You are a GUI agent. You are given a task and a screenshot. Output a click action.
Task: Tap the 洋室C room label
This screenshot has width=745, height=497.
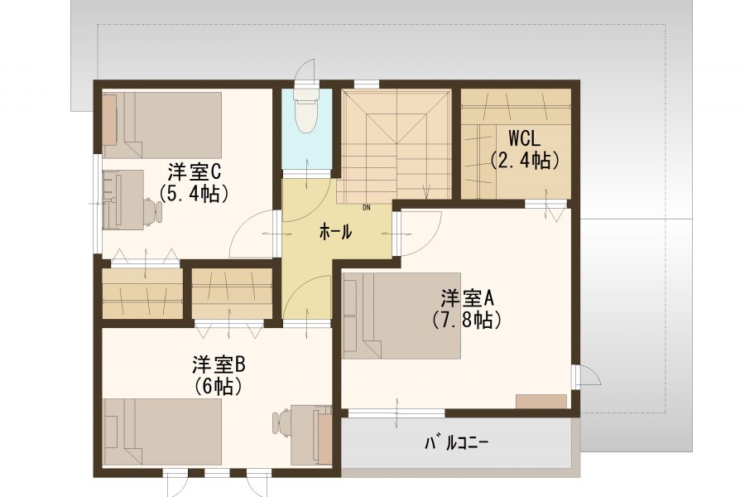tap(193, 172)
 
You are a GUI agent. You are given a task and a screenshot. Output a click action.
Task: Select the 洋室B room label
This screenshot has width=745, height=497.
tap(219, 365)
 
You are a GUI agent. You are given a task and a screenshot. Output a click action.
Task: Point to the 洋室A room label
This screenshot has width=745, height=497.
tap(468, 299)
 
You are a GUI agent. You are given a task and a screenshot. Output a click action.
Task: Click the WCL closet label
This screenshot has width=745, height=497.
tap(524, 138)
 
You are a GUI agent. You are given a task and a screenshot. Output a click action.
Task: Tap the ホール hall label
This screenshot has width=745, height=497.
tap(335, 232)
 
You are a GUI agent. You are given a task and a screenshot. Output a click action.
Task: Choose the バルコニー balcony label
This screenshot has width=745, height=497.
tap(456, 443)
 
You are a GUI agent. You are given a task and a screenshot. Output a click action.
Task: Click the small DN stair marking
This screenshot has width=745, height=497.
tap(367, 207)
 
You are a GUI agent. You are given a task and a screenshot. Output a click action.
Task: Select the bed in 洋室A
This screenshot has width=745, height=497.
tap(401, 316)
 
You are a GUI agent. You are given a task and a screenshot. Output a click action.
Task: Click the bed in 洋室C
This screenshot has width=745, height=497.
tap(162, 125)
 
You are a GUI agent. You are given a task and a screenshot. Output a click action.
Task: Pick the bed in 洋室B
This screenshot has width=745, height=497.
tap(162, 432)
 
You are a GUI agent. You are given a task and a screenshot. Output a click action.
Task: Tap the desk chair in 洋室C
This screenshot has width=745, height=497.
tap(153, 210)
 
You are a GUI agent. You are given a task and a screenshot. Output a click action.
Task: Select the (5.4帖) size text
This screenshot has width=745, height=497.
tap(194, 194)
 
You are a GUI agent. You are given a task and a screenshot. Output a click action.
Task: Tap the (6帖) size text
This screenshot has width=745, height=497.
tap(219, 387)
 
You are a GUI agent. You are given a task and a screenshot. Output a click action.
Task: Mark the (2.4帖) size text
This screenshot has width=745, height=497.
tap(524, 160)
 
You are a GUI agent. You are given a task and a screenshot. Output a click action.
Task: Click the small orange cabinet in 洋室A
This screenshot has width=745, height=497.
tap(541, 402)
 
